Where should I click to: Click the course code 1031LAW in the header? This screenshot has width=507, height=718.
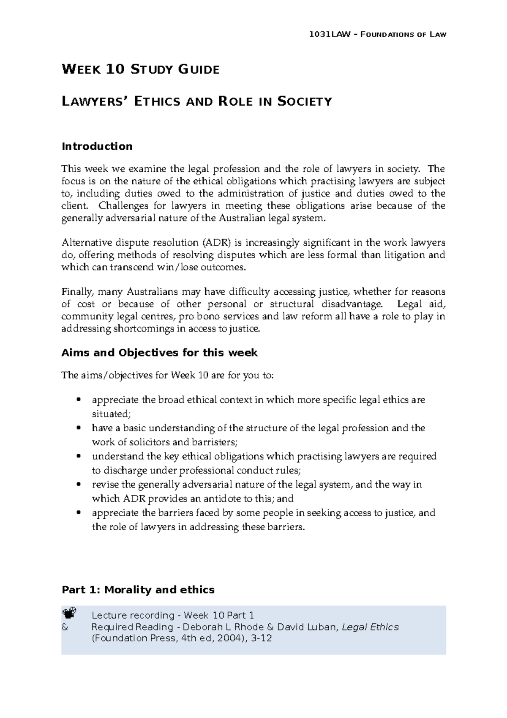(x=327, y=34)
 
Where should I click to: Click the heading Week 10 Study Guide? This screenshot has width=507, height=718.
(x=141, y=69)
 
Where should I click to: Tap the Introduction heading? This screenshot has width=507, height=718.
(x=97, y=146)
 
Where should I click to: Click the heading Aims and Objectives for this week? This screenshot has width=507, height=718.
(x=159, y=353)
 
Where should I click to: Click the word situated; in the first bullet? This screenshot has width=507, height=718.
(x=109, y=414)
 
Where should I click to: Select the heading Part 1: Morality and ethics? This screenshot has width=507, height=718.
(x=138, y=589)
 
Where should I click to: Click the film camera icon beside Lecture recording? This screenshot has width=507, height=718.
(x=69, y=613)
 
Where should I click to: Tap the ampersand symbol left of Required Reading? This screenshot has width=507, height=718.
(x=65, y=627)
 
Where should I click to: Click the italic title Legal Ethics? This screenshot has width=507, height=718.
(x=370, y=627)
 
